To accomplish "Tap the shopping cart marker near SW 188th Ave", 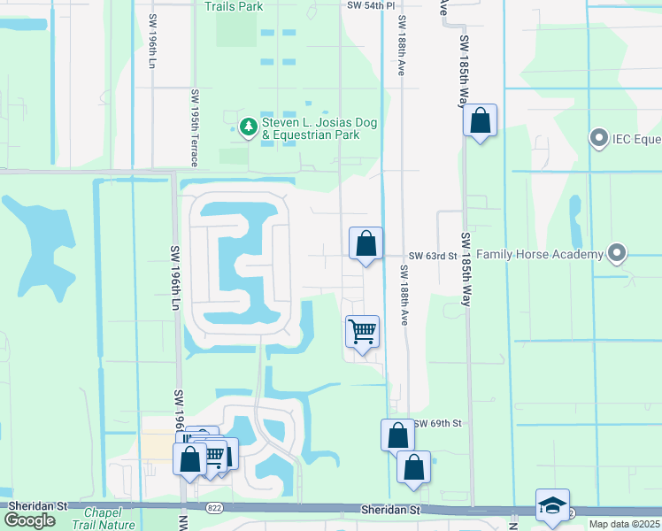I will click(x=362, y=333).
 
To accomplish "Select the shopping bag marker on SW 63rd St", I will click(x=366, y=243).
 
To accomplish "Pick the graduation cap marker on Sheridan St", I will click(x=552, y=506).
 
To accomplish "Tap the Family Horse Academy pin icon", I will click(x=618, y=254).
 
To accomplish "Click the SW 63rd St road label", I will click(x=433, y=255).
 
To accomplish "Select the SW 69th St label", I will click(x=437, y=424).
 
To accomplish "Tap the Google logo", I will click(x=29, y=519).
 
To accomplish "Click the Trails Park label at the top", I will click(x=234, y=6).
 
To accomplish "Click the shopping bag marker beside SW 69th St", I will click(x=397, y=435).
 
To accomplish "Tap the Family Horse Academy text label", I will click(x=540, y=255).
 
